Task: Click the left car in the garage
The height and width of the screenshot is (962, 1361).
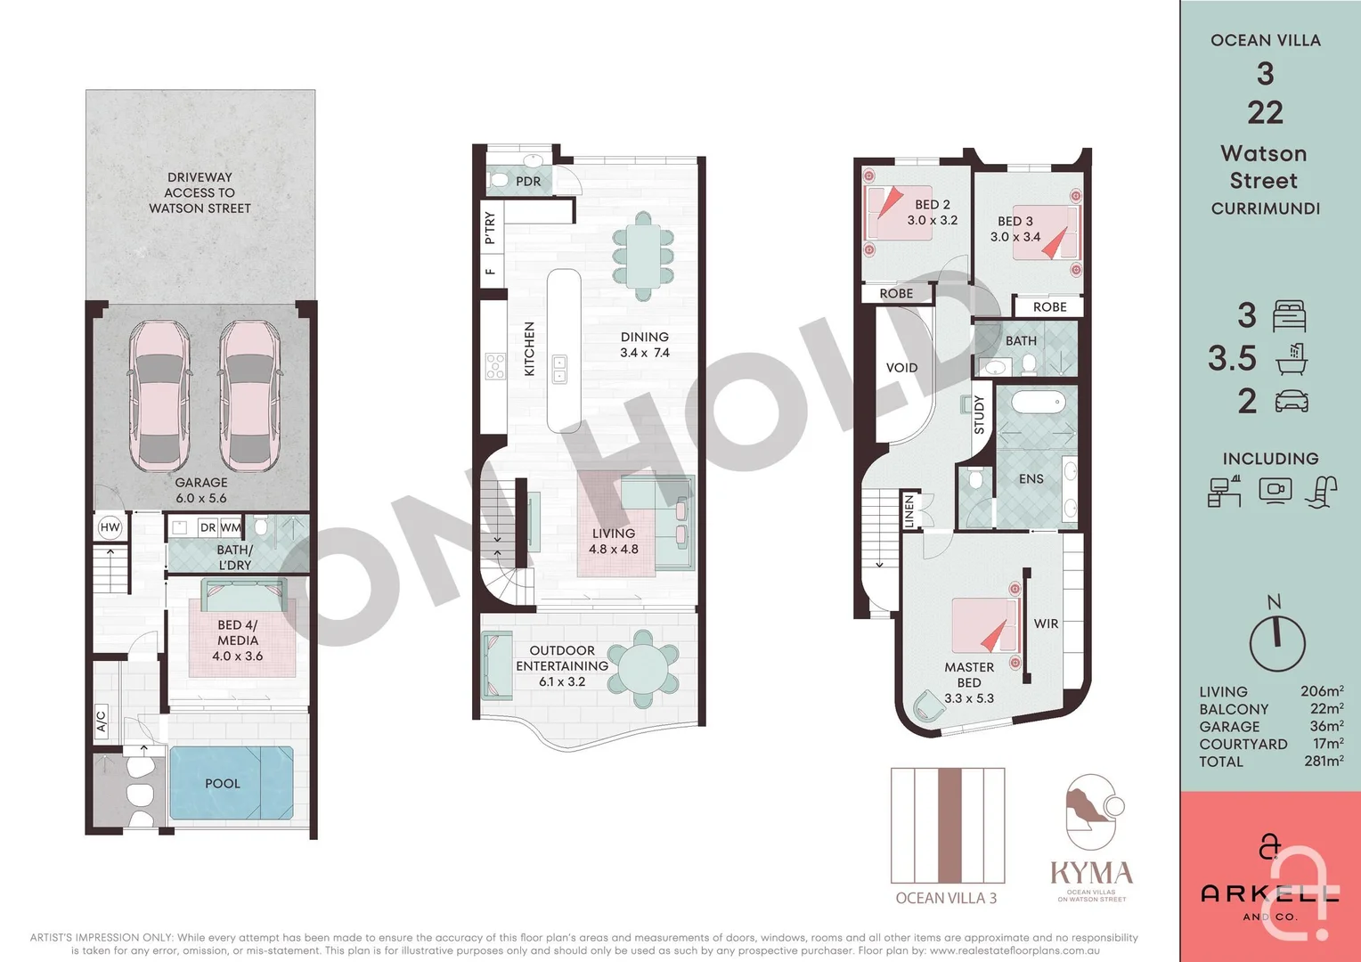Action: (x=160, y=395)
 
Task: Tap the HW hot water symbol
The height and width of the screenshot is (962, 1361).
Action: (x=110, y=527)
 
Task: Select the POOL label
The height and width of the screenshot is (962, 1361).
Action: (x=223, y=784)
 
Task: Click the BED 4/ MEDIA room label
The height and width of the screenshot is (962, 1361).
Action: (x=237, y=640)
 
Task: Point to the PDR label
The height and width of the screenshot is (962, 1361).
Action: (x=528, y=182)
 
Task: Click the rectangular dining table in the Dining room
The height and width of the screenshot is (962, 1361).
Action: (x=643, y=256)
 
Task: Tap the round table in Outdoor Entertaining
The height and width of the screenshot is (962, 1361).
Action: (x=643, y=669)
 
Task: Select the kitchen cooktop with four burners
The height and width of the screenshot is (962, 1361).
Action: (x=495, y=366)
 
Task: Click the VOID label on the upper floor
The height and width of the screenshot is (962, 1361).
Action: (x=901, y=368)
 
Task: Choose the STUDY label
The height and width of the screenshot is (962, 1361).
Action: (x=980, y=414)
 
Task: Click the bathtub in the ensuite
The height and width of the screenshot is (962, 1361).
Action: (x=1038, y=403)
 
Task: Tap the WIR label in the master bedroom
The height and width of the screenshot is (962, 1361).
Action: (x=1047, y=624)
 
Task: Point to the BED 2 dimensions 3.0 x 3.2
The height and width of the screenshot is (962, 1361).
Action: (x=933, y=220)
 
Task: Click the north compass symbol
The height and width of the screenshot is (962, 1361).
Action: (x=1276, y=641)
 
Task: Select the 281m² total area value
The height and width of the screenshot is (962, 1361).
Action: (x=1324, y=762)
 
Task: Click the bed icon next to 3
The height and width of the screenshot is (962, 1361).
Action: (x=1290, y=316)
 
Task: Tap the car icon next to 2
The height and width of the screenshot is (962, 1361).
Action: (x=1292, y=402)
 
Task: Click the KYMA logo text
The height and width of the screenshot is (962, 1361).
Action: (x=1091, y=873)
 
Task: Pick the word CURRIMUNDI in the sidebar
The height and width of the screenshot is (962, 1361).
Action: (x=1265, y=208)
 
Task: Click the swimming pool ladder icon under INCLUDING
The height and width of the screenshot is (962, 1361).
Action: (x=1321, y=492)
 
